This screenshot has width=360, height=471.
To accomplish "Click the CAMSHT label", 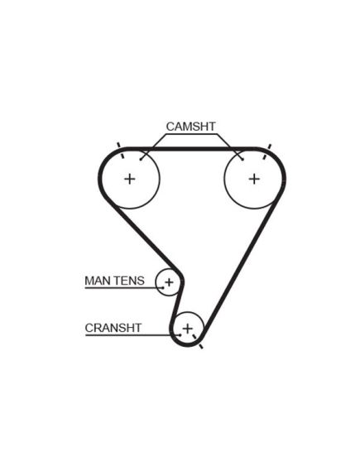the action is click(x=190, y=127).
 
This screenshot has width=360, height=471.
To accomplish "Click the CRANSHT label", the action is click(x=113, y=328).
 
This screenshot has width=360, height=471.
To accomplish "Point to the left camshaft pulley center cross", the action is click(x=130, y=179).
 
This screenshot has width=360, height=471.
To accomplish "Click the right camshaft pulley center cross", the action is click(x=254, y=179).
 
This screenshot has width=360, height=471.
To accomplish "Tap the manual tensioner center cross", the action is click(x=169, y=282).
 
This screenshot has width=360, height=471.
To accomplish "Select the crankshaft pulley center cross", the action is click(x=187, y=329).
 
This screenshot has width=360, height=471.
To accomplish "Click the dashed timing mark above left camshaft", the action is click(x=120, y=150).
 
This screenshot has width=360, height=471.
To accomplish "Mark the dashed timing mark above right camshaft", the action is click(x=266, y=151).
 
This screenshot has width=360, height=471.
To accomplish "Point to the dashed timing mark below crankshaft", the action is click(x=197, y=341).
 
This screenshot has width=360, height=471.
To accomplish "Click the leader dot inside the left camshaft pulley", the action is click(x=141, y=160).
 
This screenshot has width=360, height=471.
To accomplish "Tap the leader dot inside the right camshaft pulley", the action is click(x=242, y=160).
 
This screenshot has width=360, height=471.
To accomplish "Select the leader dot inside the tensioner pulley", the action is click(x=163, y=287).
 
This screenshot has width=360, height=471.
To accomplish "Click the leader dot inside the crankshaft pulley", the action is click(x=180, y=334).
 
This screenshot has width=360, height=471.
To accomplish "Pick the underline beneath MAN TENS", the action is click(x=124, y=288).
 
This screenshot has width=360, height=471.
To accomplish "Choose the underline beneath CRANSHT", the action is click(x=132, y=334).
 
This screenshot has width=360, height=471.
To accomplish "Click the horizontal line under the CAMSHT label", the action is click(x=191, y=134).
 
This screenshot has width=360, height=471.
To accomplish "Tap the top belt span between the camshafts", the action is click(x=192, y=149).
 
